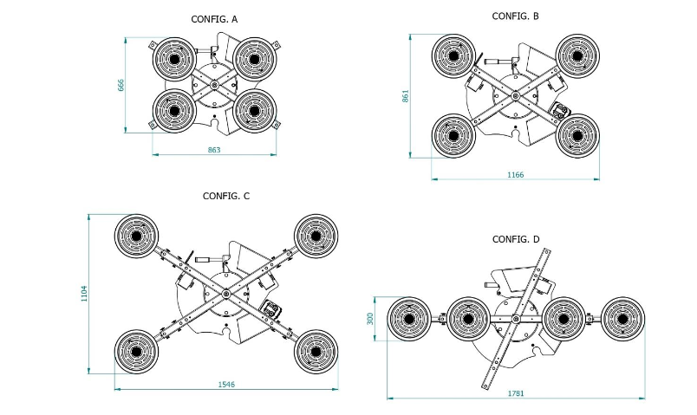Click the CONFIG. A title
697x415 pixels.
215,18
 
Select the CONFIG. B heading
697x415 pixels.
517,16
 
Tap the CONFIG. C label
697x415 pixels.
226,197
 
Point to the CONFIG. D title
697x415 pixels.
517,239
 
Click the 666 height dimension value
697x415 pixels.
122,85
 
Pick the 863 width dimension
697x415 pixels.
214,151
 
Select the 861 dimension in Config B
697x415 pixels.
406,96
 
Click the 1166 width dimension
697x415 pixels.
515,175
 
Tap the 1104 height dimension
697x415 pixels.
84,295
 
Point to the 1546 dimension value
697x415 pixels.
226,384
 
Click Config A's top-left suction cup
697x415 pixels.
175,59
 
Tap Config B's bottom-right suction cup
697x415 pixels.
578,135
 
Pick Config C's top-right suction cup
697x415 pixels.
316,236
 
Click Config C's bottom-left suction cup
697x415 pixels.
137,351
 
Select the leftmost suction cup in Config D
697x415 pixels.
409,320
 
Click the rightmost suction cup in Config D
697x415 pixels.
623,320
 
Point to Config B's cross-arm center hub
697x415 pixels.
516,96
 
